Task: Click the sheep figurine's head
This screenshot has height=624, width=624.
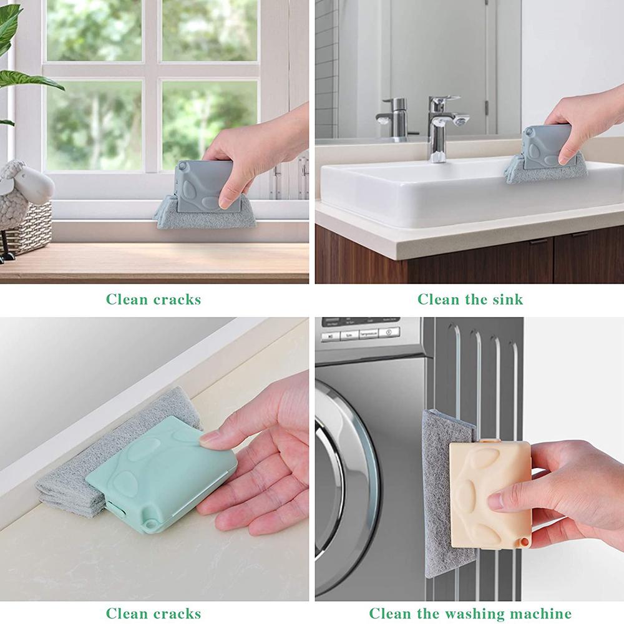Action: [28, 184]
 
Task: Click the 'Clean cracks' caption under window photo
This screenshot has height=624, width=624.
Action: [154, 299]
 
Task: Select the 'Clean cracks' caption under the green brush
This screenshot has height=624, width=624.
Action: [154, 613]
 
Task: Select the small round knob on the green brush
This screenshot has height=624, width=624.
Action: [151, 522]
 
